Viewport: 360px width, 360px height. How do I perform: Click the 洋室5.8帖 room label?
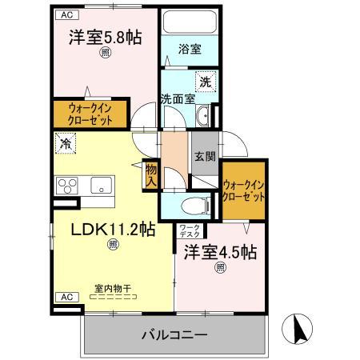point(104,38)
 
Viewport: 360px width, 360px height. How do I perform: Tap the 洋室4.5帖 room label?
point(220,253)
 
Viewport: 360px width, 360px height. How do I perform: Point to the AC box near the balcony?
point(67,297)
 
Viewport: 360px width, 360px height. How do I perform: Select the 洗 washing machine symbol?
point(206,82)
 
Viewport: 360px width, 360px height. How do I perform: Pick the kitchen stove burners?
point(67,186)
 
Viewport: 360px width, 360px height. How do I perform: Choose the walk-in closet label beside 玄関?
point(244,191)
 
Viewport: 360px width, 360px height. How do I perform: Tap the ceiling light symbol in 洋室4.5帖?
point(219,269)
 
